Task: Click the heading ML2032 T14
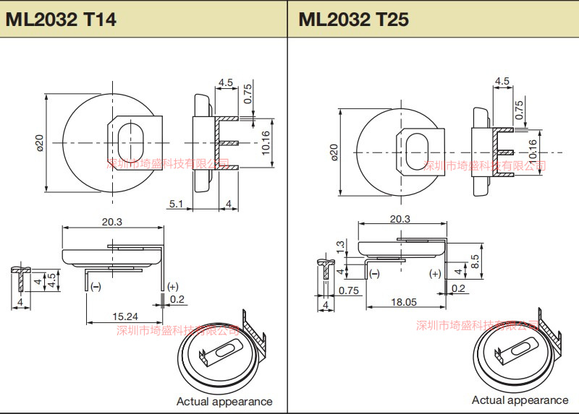[x=61, y=19]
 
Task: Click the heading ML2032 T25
[x=353, y=19]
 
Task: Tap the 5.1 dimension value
[x=177, y=204]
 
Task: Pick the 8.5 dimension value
[x=474, y=262]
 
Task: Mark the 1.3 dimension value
[x=340, y=247]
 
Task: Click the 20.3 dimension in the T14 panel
[x=112, y=222]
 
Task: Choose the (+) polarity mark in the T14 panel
[x=172, y=286]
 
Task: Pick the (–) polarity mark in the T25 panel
[x=374, y=274]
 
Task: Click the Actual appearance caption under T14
[x=224, y=401]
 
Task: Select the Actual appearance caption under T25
[x=520, y=400]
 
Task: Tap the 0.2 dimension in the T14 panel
[x=177, y=299]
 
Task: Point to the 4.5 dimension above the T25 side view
[x=502, y=81]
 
